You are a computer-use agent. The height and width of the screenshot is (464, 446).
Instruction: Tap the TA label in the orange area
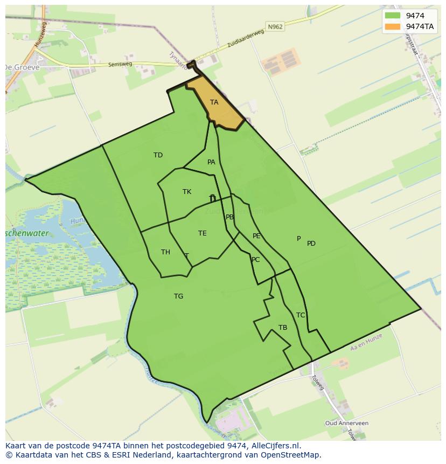214,102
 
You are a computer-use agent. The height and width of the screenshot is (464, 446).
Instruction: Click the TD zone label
158,155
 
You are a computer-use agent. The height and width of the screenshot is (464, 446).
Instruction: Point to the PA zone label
211,162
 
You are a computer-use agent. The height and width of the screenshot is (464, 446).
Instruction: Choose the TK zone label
187,192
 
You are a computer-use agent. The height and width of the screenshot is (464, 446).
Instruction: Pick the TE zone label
203,233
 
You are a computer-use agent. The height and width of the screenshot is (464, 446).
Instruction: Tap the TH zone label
165,252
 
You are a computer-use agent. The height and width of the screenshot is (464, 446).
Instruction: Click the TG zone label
179,296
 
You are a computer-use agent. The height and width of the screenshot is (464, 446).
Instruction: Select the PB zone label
230,217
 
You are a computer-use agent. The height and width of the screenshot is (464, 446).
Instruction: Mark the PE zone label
256,236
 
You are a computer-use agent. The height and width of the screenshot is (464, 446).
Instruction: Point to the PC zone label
255,260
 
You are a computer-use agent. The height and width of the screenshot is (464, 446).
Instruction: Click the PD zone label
311,244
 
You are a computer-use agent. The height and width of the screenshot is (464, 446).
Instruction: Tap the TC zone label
301,315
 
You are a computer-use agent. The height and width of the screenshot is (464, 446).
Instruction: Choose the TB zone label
283,328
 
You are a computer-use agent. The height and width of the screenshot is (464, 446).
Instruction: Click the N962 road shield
275,26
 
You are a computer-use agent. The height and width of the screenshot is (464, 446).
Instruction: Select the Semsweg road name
120,64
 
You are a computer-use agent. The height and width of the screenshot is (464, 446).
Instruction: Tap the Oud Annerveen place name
347,424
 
